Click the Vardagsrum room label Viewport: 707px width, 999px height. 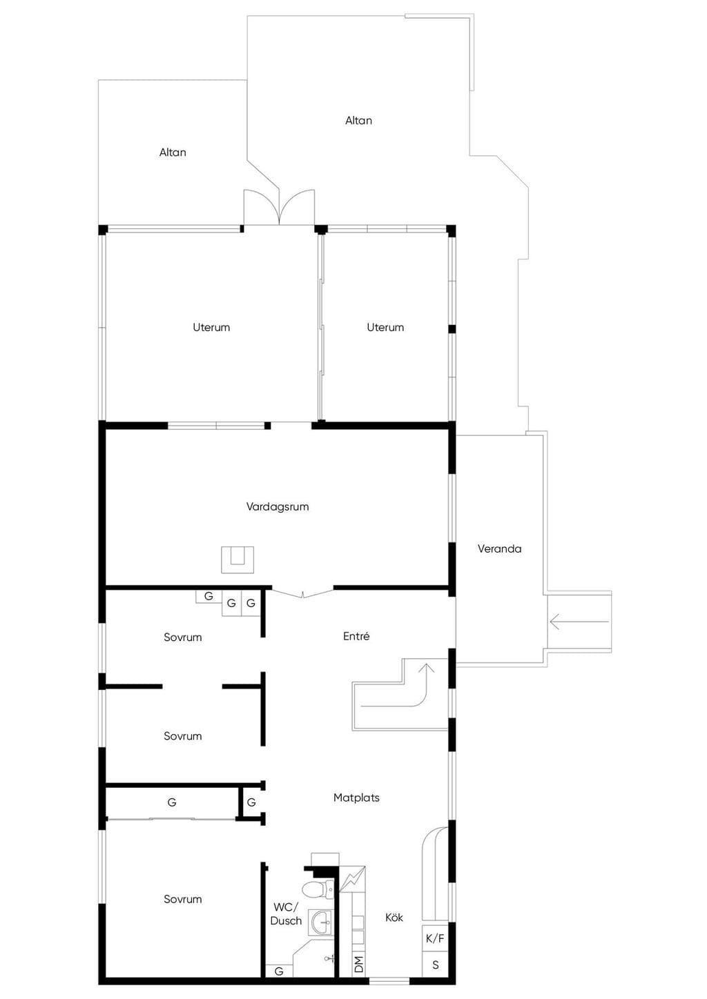point(277,506)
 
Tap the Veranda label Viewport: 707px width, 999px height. point(499,548)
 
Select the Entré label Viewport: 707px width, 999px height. point(356,636)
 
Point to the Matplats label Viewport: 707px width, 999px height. point(356,797)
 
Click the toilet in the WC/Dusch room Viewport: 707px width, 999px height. point(318,889)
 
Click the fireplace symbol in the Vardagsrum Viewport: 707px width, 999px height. point(238,560)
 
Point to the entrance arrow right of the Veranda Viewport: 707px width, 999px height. point(579,621)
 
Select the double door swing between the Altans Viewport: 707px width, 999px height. point(280,207)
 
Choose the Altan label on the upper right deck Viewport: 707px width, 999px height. point(358,121)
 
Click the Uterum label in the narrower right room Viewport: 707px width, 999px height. point(385,327)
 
